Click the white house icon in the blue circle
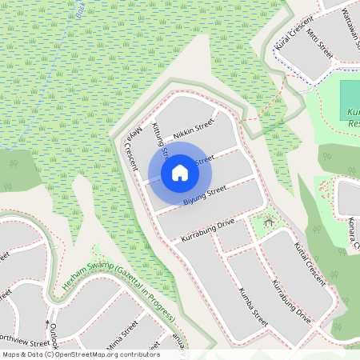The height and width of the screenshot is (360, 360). [x=180, y=172]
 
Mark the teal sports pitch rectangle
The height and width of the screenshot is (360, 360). [x=350, y=100]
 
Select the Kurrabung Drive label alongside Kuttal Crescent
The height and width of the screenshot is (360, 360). [x=291, y=300]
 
